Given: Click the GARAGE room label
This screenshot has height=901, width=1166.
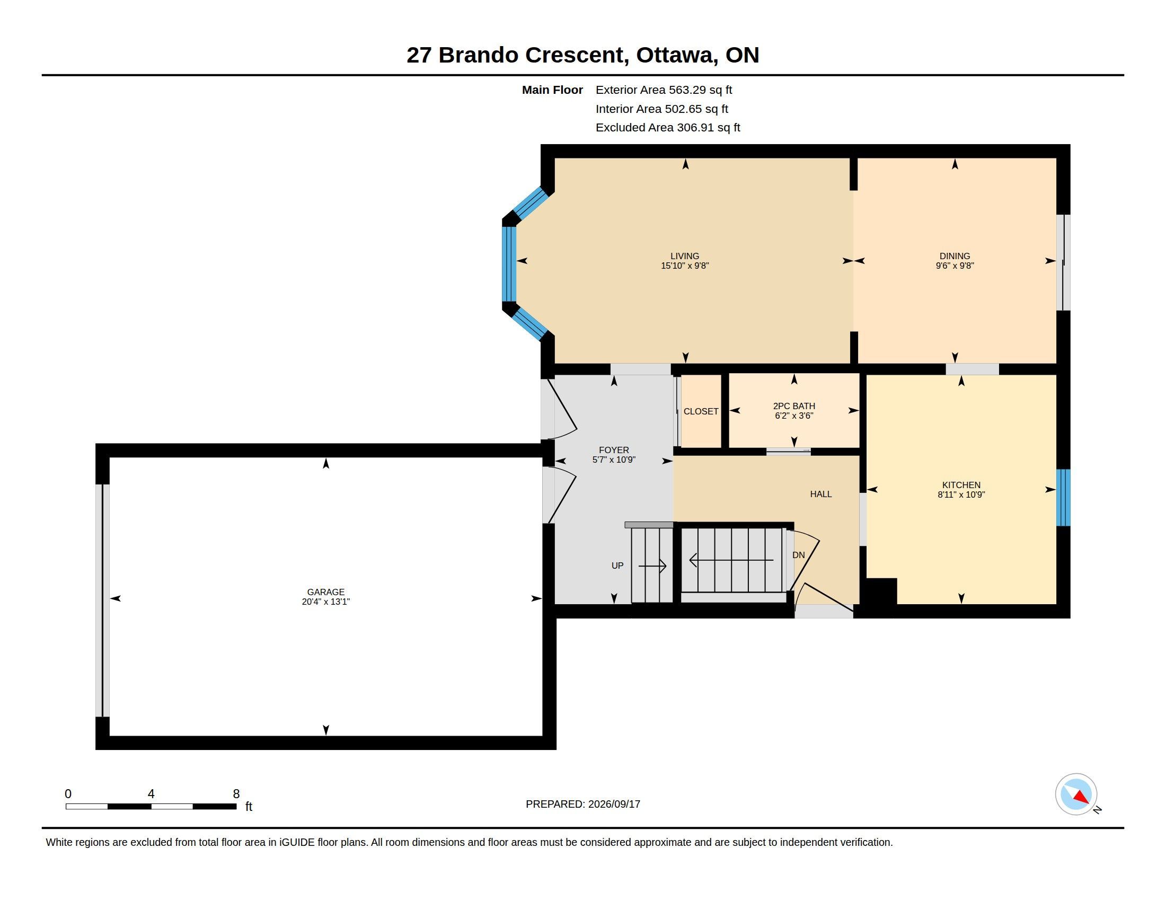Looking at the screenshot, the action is pyautogui.click(x=325, y=592).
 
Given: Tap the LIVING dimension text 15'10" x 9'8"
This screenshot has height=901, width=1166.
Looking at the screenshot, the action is pyautogui.click(x=685, y=266).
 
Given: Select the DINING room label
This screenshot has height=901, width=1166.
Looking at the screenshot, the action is pyautogui.click(x=955, y=256).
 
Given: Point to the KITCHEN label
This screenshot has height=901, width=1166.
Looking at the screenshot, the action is pyautogui.click(x=961, y=485).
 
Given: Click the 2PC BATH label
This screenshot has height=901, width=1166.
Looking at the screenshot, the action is pyautogui.click(x=794, y=406).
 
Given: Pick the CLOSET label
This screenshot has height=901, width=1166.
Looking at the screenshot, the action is pyautogui.click(x=701, y=411).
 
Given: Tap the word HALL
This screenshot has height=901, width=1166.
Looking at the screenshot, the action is pyautogui.click(x=821, y=494).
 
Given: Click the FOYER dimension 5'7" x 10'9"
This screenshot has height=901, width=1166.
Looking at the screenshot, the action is pyautogui.click(x=614, y=460).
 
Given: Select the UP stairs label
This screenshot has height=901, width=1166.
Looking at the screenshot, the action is pyautogui.click(x=617, y=566).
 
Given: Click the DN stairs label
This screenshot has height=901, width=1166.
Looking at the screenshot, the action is pyautogui.click(x=799, y=555).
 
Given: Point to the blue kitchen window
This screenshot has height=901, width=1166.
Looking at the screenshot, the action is pyautogui.click(x=1064, y=498).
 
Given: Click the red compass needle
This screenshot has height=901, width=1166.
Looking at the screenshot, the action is pyautogui.click(x=1082, y=798).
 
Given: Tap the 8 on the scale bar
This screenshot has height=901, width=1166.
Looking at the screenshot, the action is pyautogui.click(x=236, y=794).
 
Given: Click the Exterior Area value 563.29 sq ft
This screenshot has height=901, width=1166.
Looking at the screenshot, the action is pyautogui.click(x=701, y=90).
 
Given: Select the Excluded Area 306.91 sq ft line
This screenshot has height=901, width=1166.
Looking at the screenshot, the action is pyautogui.click(x=668, y=128).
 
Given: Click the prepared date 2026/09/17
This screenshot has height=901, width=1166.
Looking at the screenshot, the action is pyautogui.click(x=614, y=804).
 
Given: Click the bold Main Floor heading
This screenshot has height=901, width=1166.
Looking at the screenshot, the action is pyautogui.click(x=553, y=90).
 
